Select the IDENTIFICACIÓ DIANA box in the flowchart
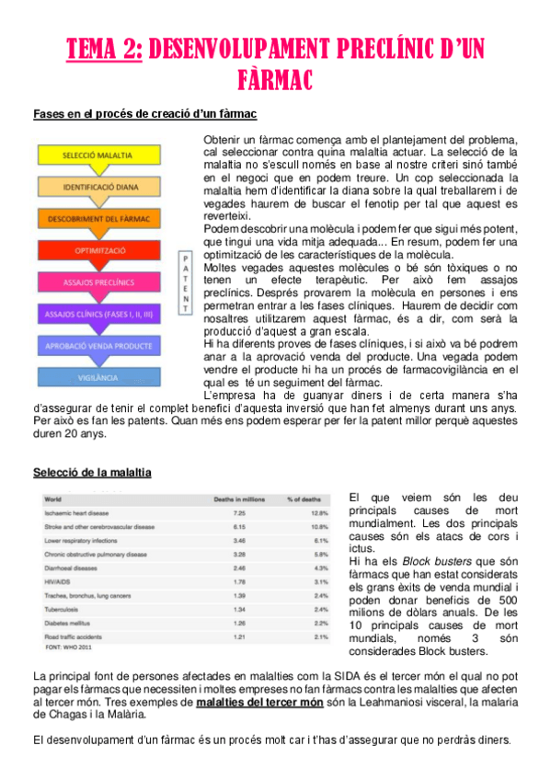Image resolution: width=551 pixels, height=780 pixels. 101,188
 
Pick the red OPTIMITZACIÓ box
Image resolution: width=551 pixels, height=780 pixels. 101,250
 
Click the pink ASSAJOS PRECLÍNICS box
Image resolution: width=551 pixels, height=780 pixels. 101,282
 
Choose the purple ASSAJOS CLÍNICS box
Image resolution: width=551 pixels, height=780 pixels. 101,314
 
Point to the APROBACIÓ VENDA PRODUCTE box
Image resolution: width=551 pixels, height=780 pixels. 101,346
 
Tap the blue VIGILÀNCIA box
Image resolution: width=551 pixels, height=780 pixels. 101,377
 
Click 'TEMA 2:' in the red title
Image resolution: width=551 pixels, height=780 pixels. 104,49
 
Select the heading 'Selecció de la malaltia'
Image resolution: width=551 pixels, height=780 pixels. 92,472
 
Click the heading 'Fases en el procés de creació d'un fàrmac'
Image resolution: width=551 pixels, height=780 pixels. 144,114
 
